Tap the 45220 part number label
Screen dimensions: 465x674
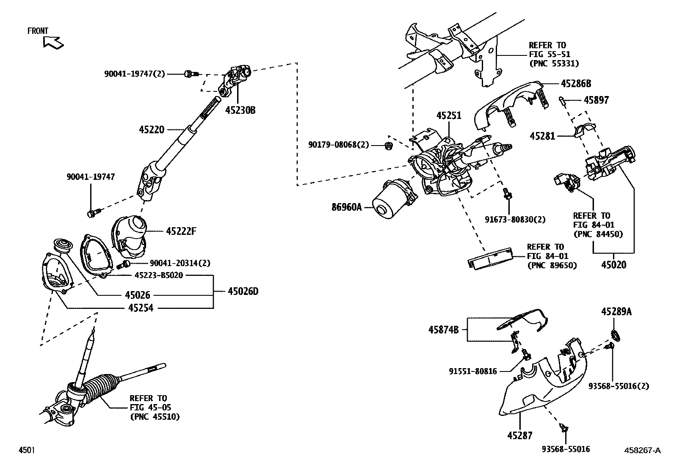click(151, 129)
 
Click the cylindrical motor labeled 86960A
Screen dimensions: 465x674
click(389, 202)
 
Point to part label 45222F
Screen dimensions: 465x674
click(182, 231)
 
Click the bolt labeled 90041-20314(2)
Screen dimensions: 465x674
click(123, 265)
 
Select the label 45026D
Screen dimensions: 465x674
click(243, 291)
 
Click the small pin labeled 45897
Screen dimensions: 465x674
click(561, 100)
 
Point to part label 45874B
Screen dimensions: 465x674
click(443, 329)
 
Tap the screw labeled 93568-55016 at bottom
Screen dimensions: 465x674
click(564, 428)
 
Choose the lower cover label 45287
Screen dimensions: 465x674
click(520, 435)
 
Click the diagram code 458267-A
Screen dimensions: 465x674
click(642, 450)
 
